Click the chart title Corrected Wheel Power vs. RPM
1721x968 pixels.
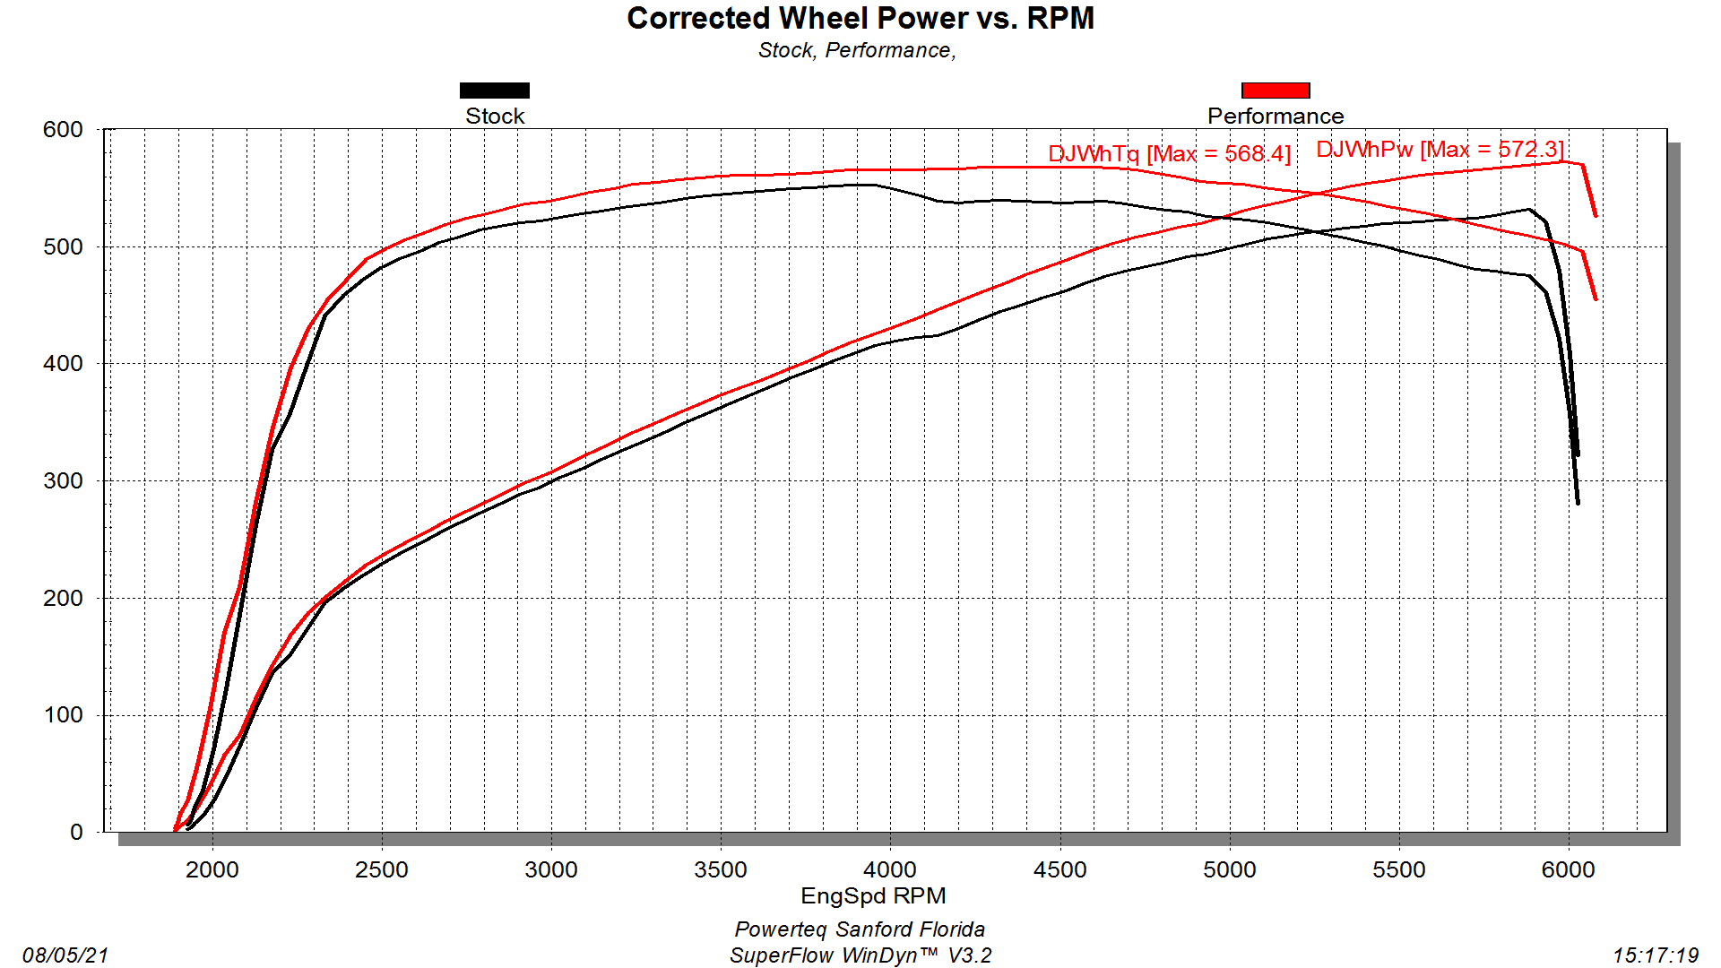pyautogui.click(x=860, y=18)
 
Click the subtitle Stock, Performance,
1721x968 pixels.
pyautogui.click(x=857, y=50)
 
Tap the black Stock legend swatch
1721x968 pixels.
pyautogui.click(x=494, y=91)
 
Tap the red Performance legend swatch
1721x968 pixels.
pyautogui.click(x=1275, y=91)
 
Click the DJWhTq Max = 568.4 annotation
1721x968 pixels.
pyautogui.click(x=1169, y=154)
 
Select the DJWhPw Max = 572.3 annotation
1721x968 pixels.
pyautogui.click(x=1440, y=150)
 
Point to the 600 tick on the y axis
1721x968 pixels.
pyautogui.click(x=63, y=130)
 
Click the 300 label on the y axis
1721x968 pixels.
pyautogui.click(x=63, y=481)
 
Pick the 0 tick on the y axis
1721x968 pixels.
pyautogui.click(x=76, y=833)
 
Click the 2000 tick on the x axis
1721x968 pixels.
pyautogui.click(x=212, y=869)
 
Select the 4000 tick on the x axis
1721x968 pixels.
pyautogui.click(x=889, y=869)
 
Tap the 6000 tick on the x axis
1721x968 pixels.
pyautogui.click(x=1568, y=869)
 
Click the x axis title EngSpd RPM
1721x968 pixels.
pyautogui.click(x=873, y=895)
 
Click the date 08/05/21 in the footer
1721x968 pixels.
pyautogui.click(x=65, y=955)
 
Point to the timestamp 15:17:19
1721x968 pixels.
pyautogui.click(x=1656, y=955)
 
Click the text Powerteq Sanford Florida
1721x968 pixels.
pyautogui.click(x=860, y=929)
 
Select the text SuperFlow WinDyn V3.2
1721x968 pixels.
pyautogui.click(x=860, y=955)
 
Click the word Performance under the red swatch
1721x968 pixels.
pyautogui.click(x=1275, y=117)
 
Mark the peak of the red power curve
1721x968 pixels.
pyautogui.click(x=1564, y=161)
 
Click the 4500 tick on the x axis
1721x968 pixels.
pyautogui.click(x=1059, y=869)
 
